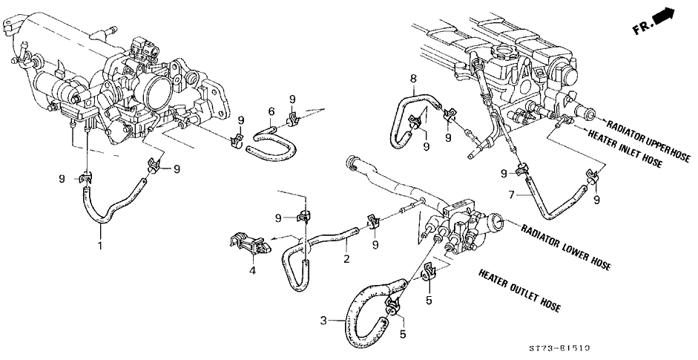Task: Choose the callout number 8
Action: pos(414,77)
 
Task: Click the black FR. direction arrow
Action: pos(665,16)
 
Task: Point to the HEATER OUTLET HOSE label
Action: pos(519,289)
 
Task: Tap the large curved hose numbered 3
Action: pos(358,318)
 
